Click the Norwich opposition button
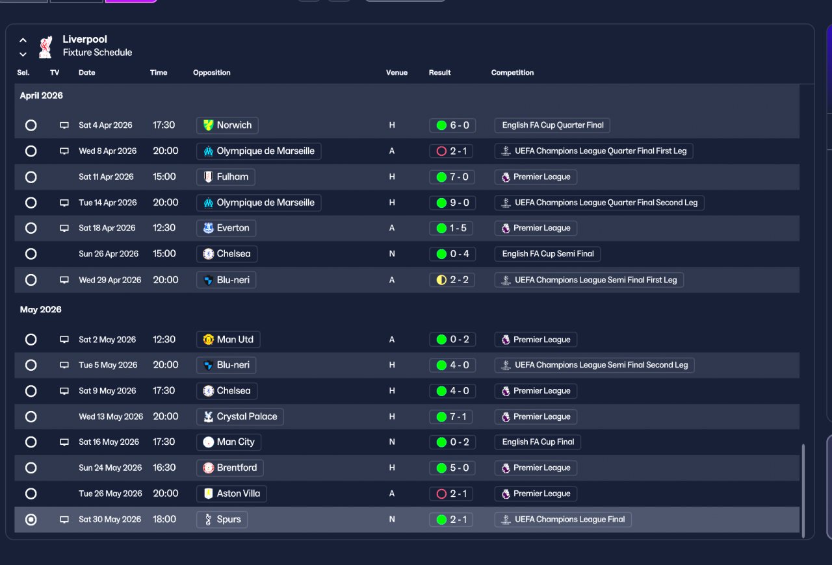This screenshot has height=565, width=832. pyautogui.click(x=227, y=125)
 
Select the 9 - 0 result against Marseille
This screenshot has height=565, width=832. pyautogui.click(x=452, y=203)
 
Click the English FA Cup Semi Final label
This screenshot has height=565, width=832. pyautogui.click(x=547, y=254)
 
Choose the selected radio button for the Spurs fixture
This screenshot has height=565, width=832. pyautogui.click(x=31, y=520)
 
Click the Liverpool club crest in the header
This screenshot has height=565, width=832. pyautogui.click(x=45, y=46)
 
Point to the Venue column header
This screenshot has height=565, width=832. pyautogui.click(x=396, y=73)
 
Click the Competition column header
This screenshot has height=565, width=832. pyautogui.click(x=512, y=73)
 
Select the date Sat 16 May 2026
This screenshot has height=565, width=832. pyautogui.click(x=109, y=442)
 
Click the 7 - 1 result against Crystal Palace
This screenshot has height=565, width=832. pyautogui.click(x=452, y=417)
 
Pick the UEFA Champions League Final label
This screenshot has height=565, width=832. pyautogui.click(x=563, y=520)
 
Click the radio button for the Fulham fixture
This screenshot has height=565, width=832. pyautogui.click(x=31, y=177)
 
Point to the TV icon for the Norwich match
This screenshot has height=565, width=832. pyautogui.click(x=64, y=125)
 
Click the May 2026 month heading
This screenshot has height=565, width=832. pyautogui.click(x=40, y=310)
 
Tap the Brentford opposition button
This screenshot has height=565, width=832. pyautogui.click(x=229, y=468)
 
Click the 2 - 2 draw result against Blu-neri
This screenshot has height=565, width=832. pyautogui.click(x=452, y=280)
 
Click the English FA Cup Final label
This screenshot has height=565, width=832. pyautogui.click(x=538, y=442)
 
